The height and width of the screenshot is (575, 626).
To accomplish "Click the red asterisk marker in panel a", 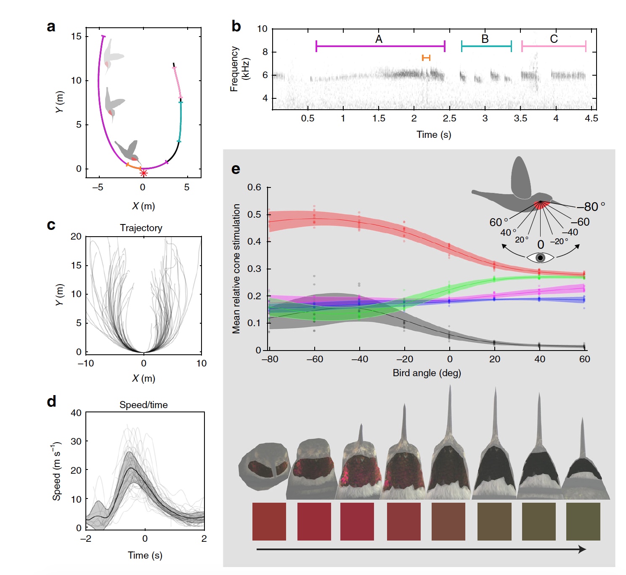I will coord(143,173).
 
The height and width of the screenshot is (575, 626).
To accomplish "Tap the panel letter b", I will coord(236,26).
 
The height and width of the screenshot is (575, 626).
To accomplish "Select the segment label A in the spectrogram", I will coord(379,39).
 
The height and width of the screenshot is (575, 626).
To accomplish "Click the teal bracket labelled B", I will coord(486,46).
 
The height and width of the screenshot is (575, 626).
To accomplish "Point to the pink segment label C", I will coord(554,39).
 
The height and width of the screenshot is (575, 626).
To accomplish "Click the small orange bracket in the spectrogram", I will coord(426,58).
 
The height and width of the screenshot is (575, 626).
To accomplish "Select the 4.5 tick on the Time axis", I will coord(591,119).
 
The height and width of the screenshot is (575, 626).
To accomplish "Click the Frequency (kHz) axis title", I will coord(240,69).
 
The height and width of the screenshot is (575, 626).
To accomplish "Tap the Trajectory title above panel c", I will coord(141,228).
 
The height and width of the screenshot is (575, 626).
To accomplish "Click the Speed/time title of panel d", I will coord(143,405).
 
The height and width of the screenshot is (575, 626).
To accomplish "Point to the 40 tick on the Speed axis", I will coord(76,413).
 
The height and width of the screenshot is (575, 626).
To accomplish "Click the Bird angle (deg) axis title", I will coord(427,373).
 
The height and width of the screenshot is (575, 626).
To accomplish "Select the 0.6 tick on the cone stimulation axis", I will coord(254,187).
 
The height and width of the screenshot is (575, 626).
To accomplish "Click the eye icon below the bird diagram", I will coord(540,258).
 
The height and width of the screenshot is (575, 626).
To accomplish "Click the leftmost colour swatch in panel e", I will coord(269,522).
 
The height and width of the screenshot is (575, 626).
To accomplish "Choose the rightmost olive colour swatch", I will coord(583,522).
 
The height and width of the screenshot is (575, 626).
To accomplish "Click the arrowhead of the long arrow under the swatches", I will coord(583,549).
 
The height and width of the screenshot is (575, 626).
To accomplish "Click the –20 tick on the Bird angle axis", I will coord(404,359).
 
